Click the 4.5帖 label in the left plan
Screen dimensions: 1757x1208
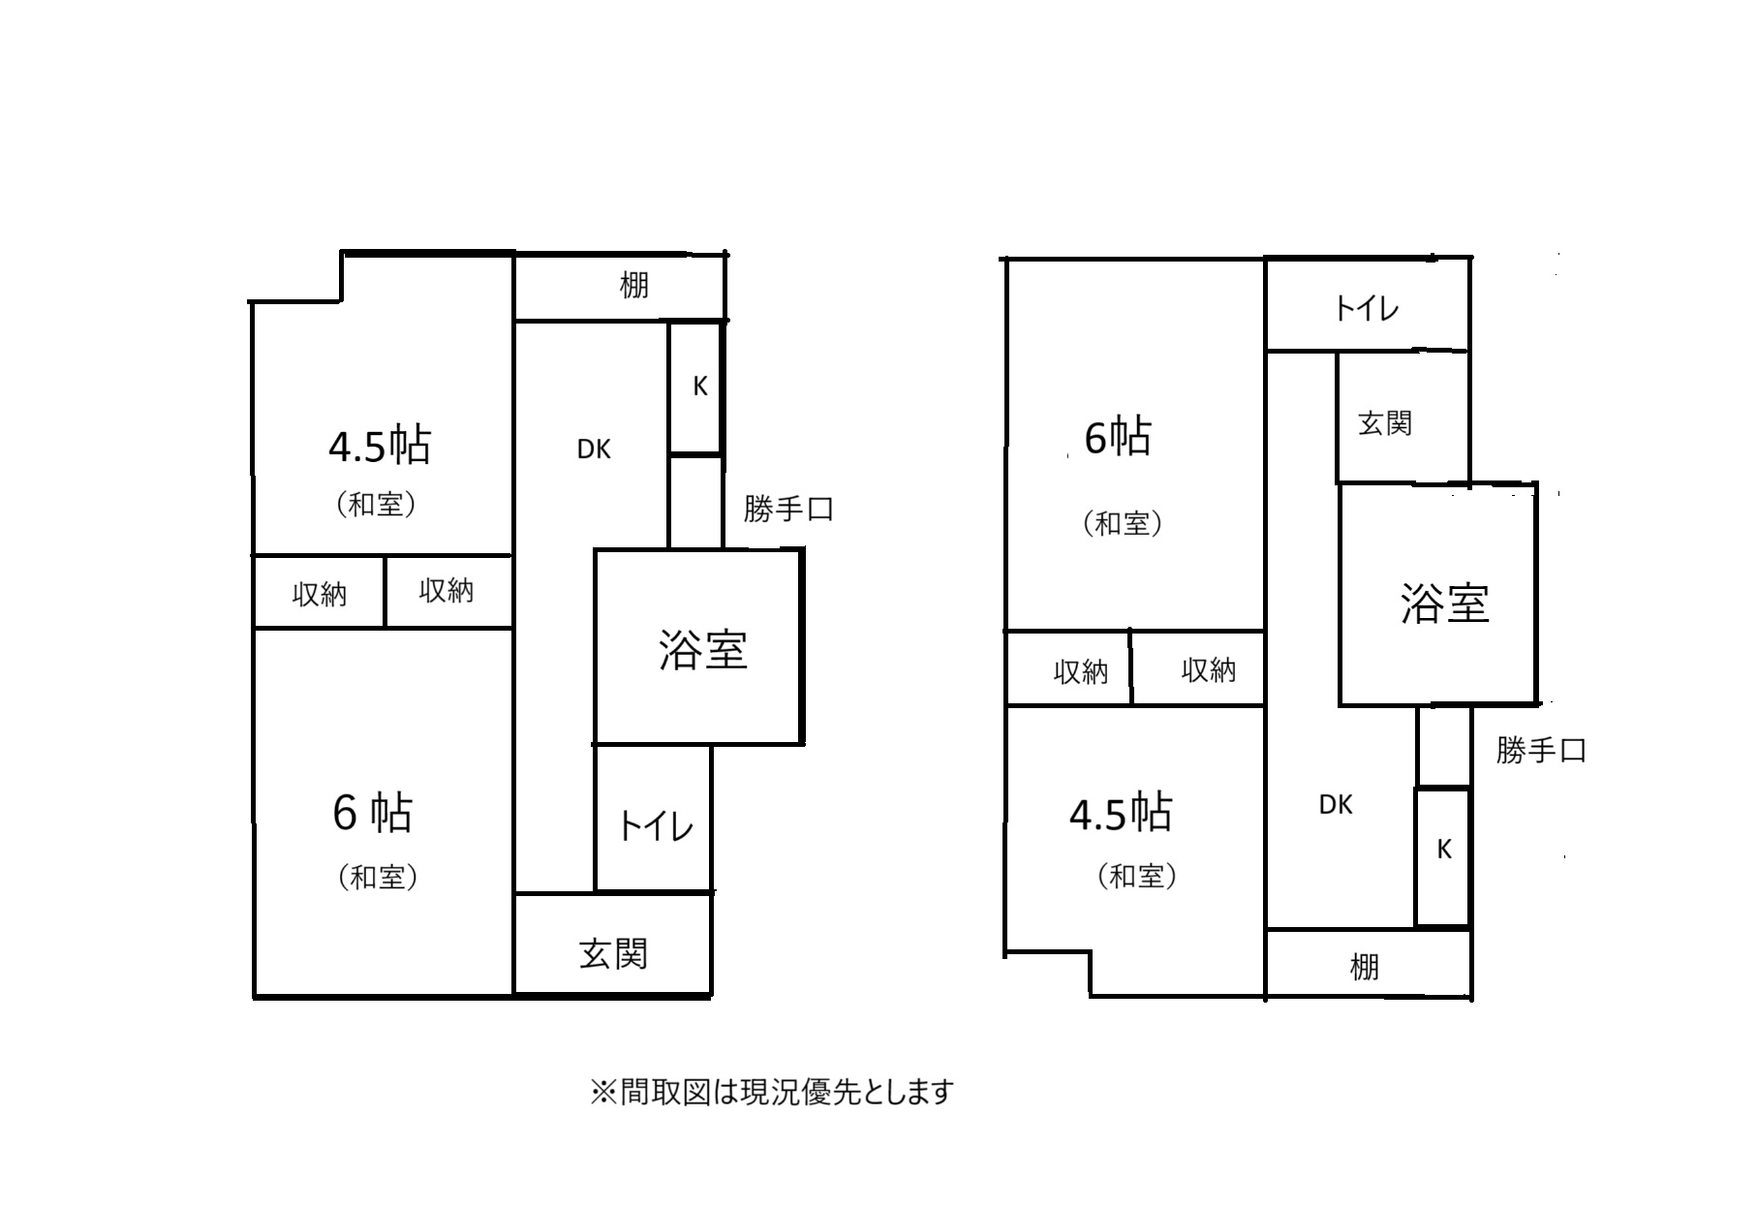tap(380, 447)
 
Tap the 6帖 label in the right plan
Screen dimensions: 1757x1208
tap(1118, 437)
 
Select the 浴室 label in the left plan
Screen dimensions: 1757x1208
tap(703, 649)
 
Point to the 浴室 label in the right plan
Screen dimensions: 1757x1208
tap(1444, 603)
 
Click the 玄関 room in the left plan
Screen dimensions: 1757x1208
tap(613, 945)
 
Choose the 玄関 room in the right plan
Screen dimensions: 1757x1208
tap(1403, 418)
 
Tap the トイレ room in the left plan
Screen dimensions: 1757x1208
tap(654, 819)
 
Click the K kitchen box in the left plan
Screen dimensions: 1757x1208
tap(696, 387)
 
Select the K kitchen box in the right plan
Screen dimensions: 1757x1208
tap(1443, 857)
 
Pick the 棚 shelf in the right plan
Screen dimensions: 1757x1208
tap(1369, 964)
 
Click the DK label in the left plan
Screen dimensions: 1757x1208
tap(594, 449)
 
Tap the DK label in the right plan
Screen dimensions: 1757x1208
tap(1336, 805)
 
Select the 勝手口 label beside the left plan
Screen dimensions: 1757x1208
tap(788, 509)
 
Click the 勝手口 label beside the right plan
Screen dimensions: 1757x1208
tap(1541, 750)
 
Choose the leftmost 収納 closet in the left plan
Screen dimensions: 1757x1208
tap(320, 592)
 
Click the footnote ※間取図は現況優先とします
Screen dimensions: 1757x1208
tap(772, 1093)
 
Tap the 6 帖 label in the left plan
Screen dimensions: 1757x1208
tap(373, 813)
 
